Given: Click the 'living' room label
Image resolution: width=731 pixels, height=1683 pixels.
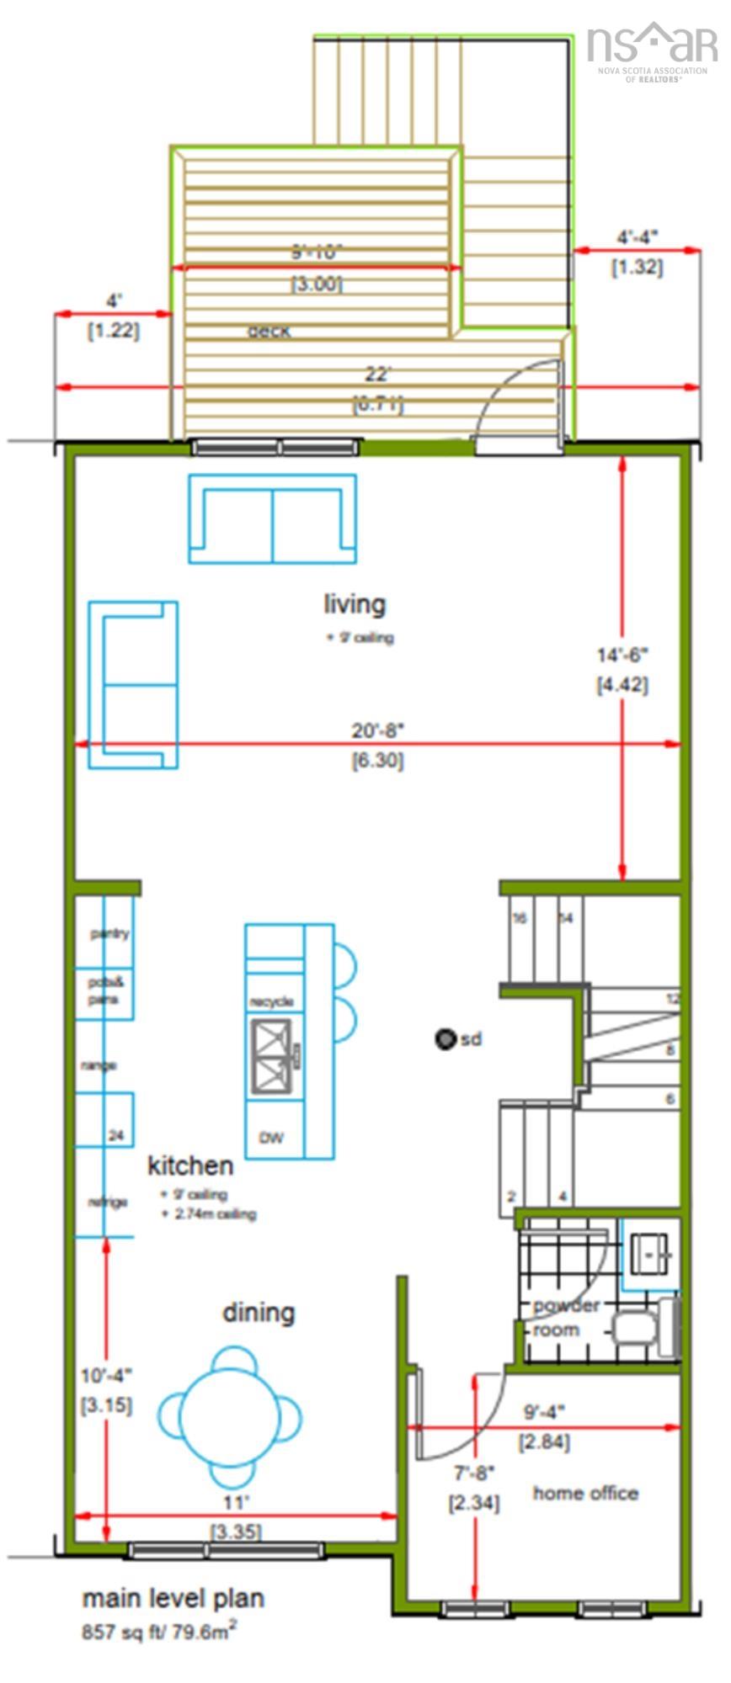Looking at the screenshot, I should (x=355, y=604).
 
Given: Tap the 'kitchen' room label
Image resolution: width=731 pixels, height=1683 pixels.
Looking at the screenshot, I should (x=190, y=1166).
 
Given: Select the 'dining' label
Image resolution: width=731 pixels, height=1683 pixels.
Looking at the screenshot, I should (x=259, y=1313).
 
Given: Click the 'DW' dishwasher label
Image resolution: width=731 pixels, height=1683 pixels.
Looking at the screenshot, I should (x=271, y=1139).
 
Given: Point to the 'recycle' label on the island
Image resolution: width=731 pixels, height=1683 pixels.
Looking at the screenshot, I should (x=271, y=1002).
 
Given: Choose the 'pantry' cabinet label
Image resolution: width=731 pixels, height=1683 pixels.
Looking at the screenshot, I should (x=109, y=934).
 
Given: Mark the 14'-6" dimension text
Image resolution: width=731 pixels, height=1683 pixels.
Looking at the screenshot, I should (x=623, y=655).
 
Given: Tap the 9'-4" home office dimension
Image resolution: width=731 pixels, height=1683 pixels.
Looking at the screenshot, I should (x=544, y=1411).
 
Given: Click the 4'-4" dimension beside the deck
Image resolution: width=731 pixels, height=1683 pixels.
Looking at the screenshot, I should (x=637, y=237).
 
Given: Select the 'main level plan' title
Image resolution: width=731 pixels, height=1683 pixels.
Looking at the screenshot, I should (x=173, y=1599).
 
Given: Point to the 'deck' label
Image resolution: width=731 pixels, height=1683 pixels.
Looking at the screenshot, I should (x=269, y=332).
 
